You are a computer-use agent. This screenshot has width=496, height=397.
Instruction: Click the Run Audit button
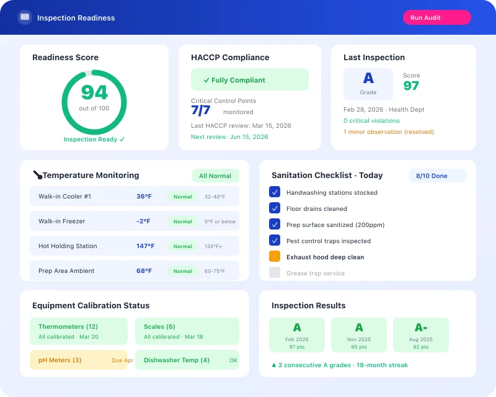(436, 17)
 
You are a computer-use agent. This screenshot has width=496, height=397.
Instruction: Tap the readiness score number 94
(94, 92)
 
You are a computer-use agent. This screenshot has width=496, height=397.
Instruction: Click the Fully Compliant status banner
(249, 80)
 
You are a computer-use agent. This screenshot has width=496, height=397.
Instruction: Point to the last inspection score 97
(411, 86)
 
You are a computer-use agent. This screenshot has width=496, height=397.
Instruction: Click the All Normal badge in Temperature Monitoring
(215, 176)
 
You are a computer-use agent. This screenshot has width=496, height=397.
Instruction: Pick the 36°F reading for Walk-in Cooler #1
(144, 197)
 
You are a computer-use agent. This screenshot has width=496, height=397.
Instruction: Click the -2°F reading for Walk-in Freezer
(144, 221)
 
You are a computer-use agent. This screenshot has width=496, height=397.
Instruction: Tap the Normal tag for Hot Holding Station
(183, 246)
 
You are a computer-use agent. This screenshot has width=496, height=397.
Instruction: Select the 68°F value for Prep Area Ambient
(144, 271)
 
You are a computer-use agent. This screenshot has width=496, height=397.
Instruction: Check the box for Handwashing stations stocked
(275, 192)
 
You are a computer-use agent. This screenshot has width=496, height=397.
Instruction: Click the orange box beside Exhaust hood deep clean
(275, 257)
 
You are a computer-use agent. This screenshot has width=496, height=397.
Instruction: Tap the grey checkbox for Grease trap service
(275, 273)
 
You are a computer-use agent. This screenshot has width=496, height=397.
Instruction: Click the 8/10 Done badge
(437, 176)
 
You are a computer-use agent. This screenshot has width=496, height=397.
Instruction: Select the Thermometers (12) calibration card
(79, 331)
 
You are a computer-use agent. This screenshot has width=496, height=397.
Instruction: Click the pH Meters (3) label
(60, 360)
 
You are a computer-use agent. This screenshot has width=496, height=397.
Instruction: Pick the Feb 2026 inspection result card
(297, 335)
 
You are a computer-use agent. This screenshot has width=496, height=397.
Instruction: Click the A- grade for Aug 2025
(421, 328)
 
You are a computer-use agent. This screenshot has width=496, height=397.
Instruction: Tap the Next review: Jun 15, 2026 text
(229, 136)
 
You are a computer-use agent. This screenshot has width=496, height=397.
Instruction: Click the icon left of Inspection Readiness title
(25, 17)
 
